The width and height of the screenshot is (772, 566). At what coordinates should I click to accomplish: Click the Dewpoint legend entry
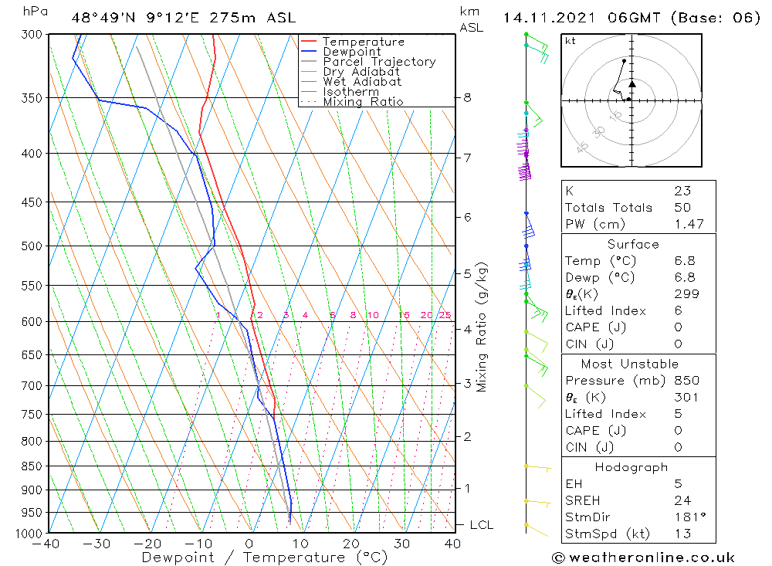click(x=351, y=52)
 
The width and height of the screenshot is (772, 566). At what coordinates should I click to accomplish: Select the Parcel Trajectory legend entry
click(x=379, y=62)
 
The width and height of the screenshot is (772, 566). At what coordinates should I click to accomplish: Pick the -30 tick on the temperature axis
click(x=97, y=544)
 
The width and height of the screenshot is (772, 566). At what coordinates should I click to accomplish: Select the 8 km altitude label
click(x=467, y=97)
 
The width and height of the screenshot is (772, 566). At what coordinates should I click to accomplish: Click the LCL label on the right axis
click(x=481, y=525)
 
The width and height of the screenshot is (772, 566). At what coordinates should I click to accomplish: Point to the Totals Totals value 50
click(x=682, y=208)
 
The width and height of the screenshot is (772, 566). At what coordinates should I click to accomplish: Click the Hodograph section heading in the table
click(x=631, y=467)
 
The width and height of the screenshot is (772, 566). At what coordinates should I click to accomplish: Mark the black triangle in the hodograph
click(x=632, y=83)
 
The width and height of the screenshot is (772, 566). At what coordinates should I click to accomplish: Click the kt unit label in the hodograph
click(x=571, y=41)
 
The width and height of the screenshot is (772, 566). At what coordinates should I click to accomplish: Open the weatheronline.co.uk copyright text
click(x=643, y=558)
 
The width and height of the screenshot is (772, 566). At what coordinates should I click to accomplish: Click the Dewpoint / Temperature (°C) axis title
click(x=264, y=558)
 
